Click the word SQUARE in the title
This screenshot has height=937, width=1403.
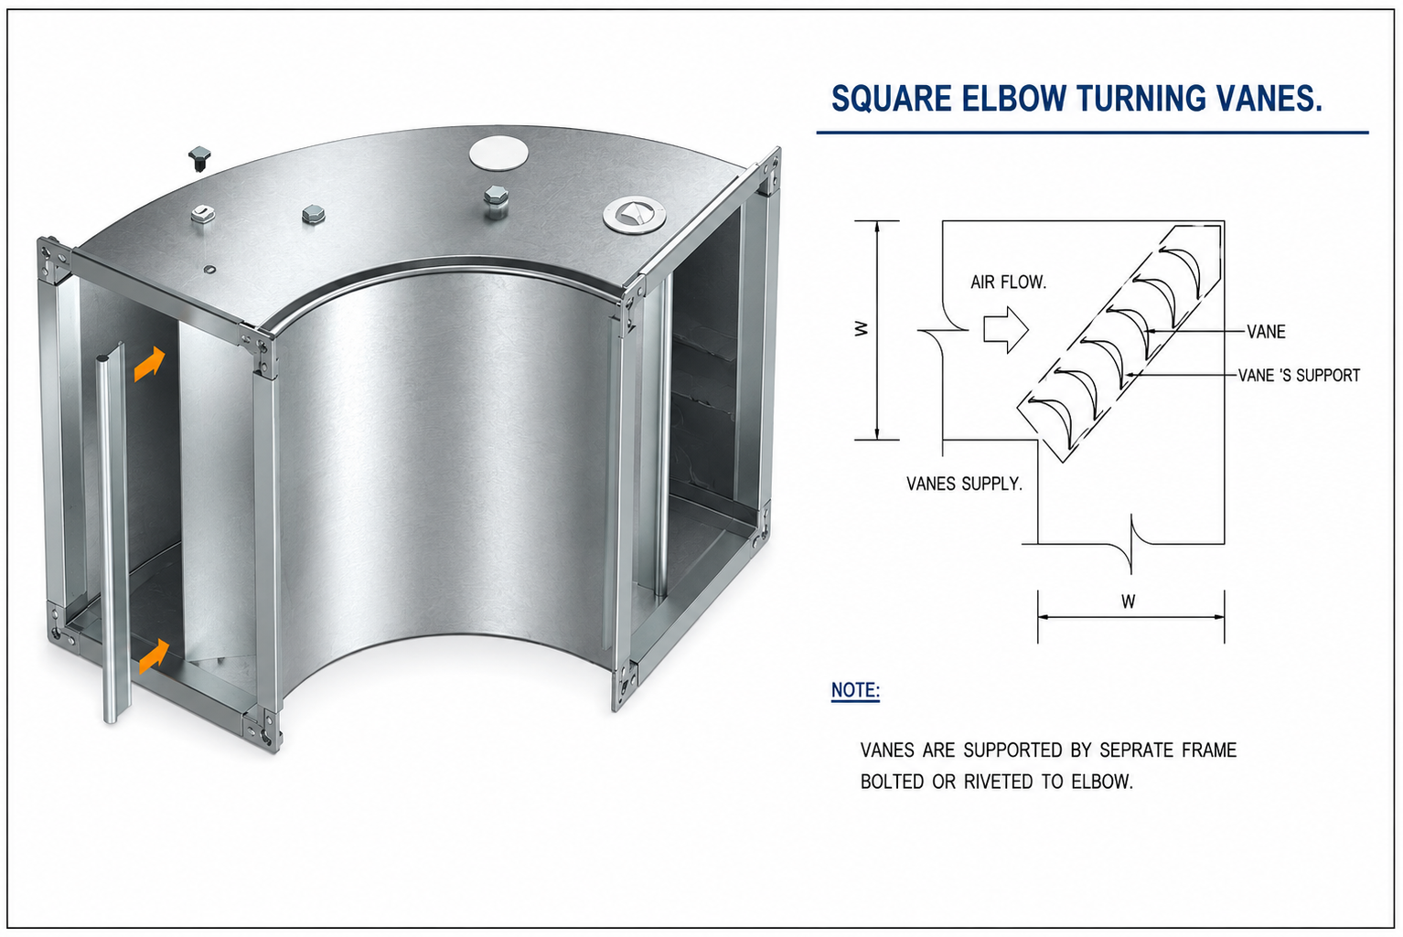coord(892,99)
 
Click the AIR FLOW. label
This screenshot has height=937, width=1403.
coord(1009,282)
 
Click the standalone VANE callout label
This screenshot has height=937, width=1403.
coord(1266,332)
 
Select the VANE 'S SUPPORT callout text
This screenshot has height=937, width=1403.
coord(1299,376)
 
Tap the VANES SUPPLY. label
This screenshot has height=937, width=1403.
coord(965,484)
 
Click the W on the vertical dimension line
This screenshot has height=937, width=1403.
coord(862,328)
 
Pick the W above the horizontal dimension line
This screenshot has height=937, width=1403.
coord(1128,602)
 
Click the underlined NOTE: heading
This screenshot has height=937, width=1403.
coord(855,690)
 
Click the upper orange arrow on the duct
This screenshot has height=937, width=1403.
coord(150,364)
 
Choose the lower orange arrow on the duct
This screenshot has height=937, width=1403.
coord(154,656)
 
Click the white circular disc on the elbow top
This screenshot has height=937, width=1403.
coord(498,153)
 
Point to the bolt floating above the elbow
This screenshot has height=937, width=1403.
coord(199,159)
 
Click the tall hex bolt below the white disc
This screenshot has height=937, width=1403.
coord(496,201)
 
